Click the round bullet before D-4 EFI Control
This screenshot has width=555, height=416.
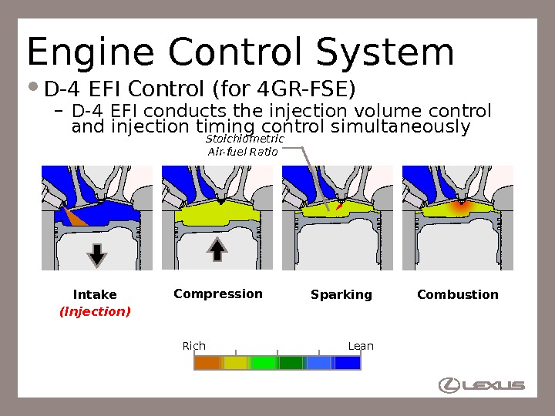35,87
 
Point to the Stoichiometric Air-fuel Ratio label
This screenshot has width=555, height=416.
245,145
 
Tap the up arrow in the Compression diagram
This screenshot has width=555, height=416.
217,249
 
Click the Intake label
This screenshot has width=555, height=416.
95,295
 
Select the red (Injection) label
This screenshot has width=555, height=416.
95,311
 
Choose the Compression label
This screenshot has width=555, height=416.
218,294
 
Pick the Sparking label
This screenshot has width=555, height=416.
341,295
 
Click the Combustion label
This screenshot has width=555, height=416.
458,295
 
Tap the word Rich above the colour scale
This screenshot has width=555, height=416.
193,346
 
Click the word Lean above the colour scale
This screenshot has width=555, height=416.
361,346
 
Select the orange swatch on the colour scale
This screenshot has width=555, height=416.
207,363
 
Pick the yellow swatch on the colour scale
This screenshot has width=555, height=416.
235,363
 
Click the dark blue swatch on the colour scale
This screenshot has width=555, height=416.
347,363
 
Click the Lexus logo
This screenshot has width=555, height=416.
481,385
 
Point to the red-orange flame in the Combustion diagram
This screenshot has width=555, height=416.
459,206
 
